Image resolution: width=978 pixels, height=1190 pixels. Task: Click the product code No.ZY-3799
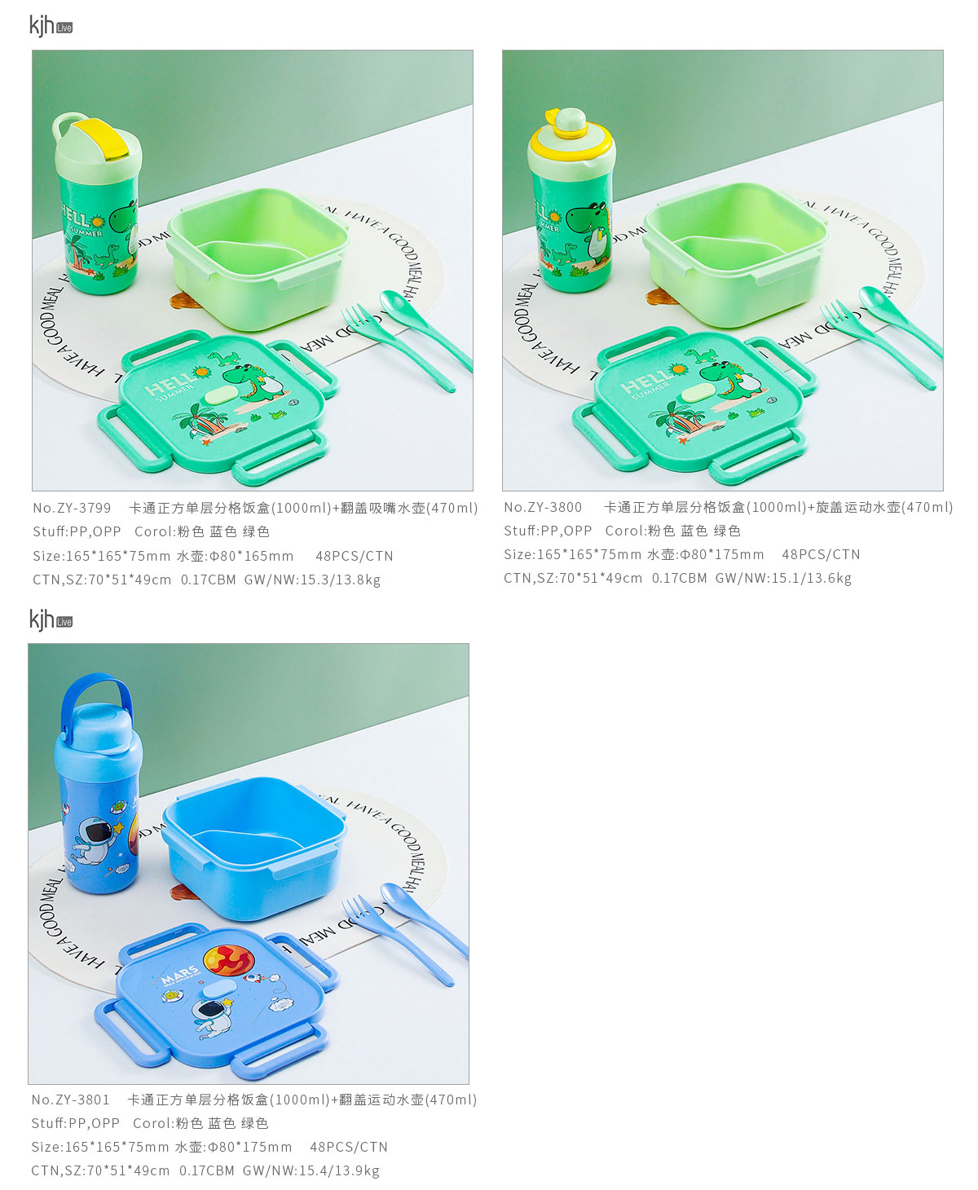coord(72,508)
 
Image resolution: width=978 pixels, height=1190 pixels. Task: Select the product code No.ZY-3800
coord(542,507)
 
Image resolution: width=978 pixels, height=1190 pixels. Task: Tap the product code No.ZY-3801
coord(71,1100)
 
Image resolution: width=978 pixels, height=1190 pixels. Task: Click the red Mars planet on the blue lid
coord(228,960)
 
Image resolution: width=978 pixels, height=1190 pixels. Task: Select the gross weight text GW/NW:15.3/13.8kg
coord(313,580)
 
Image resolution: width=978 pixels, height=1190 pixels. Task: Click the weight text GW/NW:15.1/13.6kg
coord(783,579)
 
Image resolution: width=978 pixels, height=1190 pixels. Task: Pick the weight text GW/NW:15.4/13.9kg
coord(311,1170)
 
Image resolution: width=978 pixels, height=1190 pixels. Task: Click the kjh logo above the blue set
coord(51,620)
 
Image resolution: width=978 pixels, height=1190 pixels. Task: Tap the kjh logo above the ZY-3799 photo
coord(51,26)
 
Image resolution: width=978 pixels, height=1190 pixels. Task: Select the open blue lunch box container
coord(254,846)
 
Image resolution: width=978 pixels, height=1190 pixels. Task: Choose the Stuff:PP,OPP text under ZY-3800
coord(548,531)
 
